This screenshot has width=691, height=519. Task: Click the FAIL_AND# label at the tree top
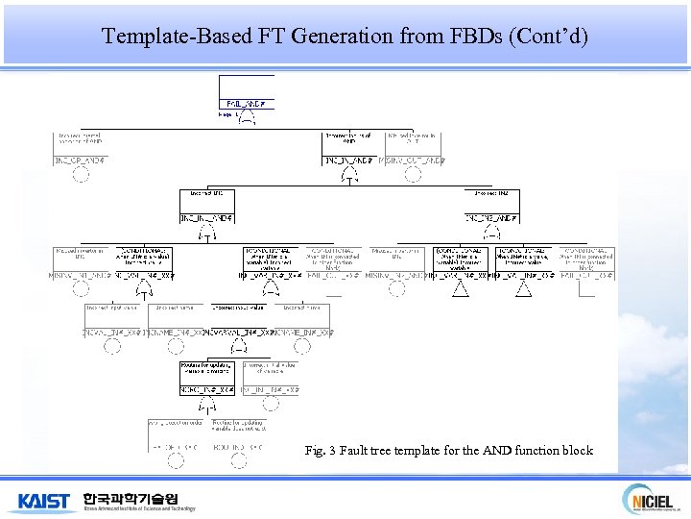tap(247, 103)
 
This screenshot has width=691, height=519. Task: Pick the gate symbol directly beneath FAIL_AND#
tap(247, 119)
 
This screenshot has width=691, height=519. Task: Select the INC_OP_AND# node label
tap(80, 161)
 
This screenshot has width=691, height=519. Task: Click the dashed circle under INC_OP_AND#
tap(80, 175)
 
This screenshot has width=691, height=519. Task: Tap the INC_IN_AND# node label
tap(349, 161)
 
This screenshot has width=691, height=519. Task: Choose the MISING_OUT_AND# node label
tap(413, 161)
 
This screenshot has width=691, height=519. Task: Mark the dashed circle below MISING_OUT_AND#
tap(413, 175)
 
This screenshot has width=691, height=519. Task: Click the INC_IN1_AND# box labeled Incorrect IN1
tap(207, 217)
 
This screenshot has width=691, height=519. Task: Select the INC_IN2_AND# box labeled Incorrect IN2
tap(491, 217)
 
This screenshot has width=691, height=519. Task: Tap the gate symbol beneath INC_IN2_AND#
tap(491, 234)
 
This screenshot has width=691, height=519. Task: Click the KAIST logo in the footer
tap(44, 501)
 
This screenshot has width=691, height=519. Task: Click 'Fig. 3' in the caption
tap(320, 450)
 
